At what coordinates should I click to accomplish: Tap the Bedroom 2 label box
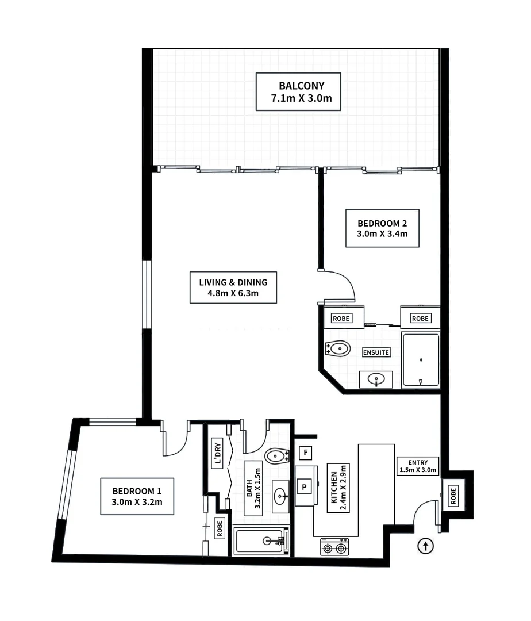382,228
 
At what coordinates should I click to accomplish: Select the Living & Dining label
233,287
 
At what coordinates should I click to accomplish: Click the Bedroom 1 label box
137,496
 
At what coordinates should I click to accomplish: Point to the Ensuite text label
376,352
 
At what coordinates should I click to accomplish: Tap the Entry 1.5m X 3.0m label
418,466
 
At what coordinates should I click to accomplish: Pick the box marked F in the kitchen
306,453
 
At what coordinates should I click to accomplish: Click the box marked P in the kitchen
305,486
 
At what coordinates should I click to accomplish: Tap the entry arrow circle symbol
425,546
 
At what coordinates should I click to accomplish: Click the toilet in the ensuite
338,348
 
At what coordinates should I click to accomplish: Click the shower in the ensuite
421,360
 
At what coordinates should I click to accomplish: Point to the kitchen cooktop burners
334,547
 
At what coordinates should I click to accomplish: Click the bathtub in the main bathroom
260,540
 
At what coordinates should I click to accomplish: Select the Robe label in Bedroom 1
220,528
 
